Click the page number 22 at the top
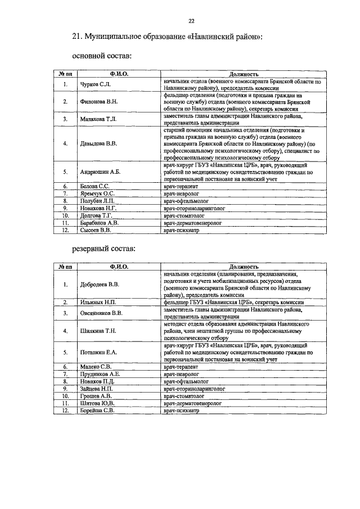(x=191, y=21)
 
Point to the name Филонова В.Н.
(x=100, y=102)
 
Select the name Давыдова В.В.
(x=100, y=143)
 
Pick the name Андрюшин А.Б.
(x=101, y=172)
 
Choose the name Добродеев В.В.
(x=100, y=284)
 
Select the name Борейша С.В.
(x=98, y=411)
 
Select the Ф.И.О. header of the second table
(x=119, y=266)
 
